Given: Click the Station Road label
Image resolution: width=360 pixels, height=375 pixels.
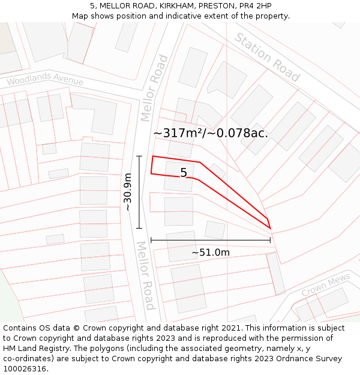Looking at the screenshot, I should pyautogui.click(x=266, y=58).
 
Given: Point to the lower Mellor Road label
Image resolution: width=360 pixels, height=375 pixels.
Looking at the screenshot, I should pyautogui.click(x=145, y=275).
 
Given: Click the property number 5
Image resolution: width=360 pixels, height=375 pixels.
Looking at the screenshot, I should pyautogui.click(x=184, y=173).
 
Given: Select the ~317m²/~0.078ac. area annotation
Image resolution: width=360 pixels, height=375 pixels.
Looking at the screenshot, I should pyautogui.click(x=211, y=133).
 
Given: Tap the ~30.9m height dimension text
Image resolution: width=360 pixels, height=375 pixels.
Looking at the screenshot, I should pyautogui.click(x=127, y=191).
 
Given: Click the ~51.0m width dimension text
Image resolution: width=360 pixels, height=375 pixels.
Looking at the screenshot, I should pyautogui.click(x=211, y=253).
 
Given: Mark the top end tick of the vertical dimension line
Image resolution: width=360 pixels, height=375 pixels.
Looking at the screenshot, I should pyautogui.click(x=139, y=156).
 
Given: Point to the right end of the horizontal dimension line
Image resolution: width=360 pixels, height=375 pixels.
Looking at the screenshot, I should pyautogui.click(x=271, y=240).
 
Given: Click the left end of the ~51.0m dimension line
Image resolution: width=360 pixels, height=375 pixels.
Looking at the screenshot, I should pyautogui.click(x=151, y=240).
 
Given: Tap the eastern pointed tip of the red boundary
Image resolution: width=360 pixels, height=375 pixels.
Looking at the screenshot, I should pyautogui.click(x=270, y=228).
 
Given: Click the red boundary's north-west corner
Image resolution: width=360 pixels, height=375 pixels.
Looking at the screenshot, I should pyautogui.click(x=153, y=157).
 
